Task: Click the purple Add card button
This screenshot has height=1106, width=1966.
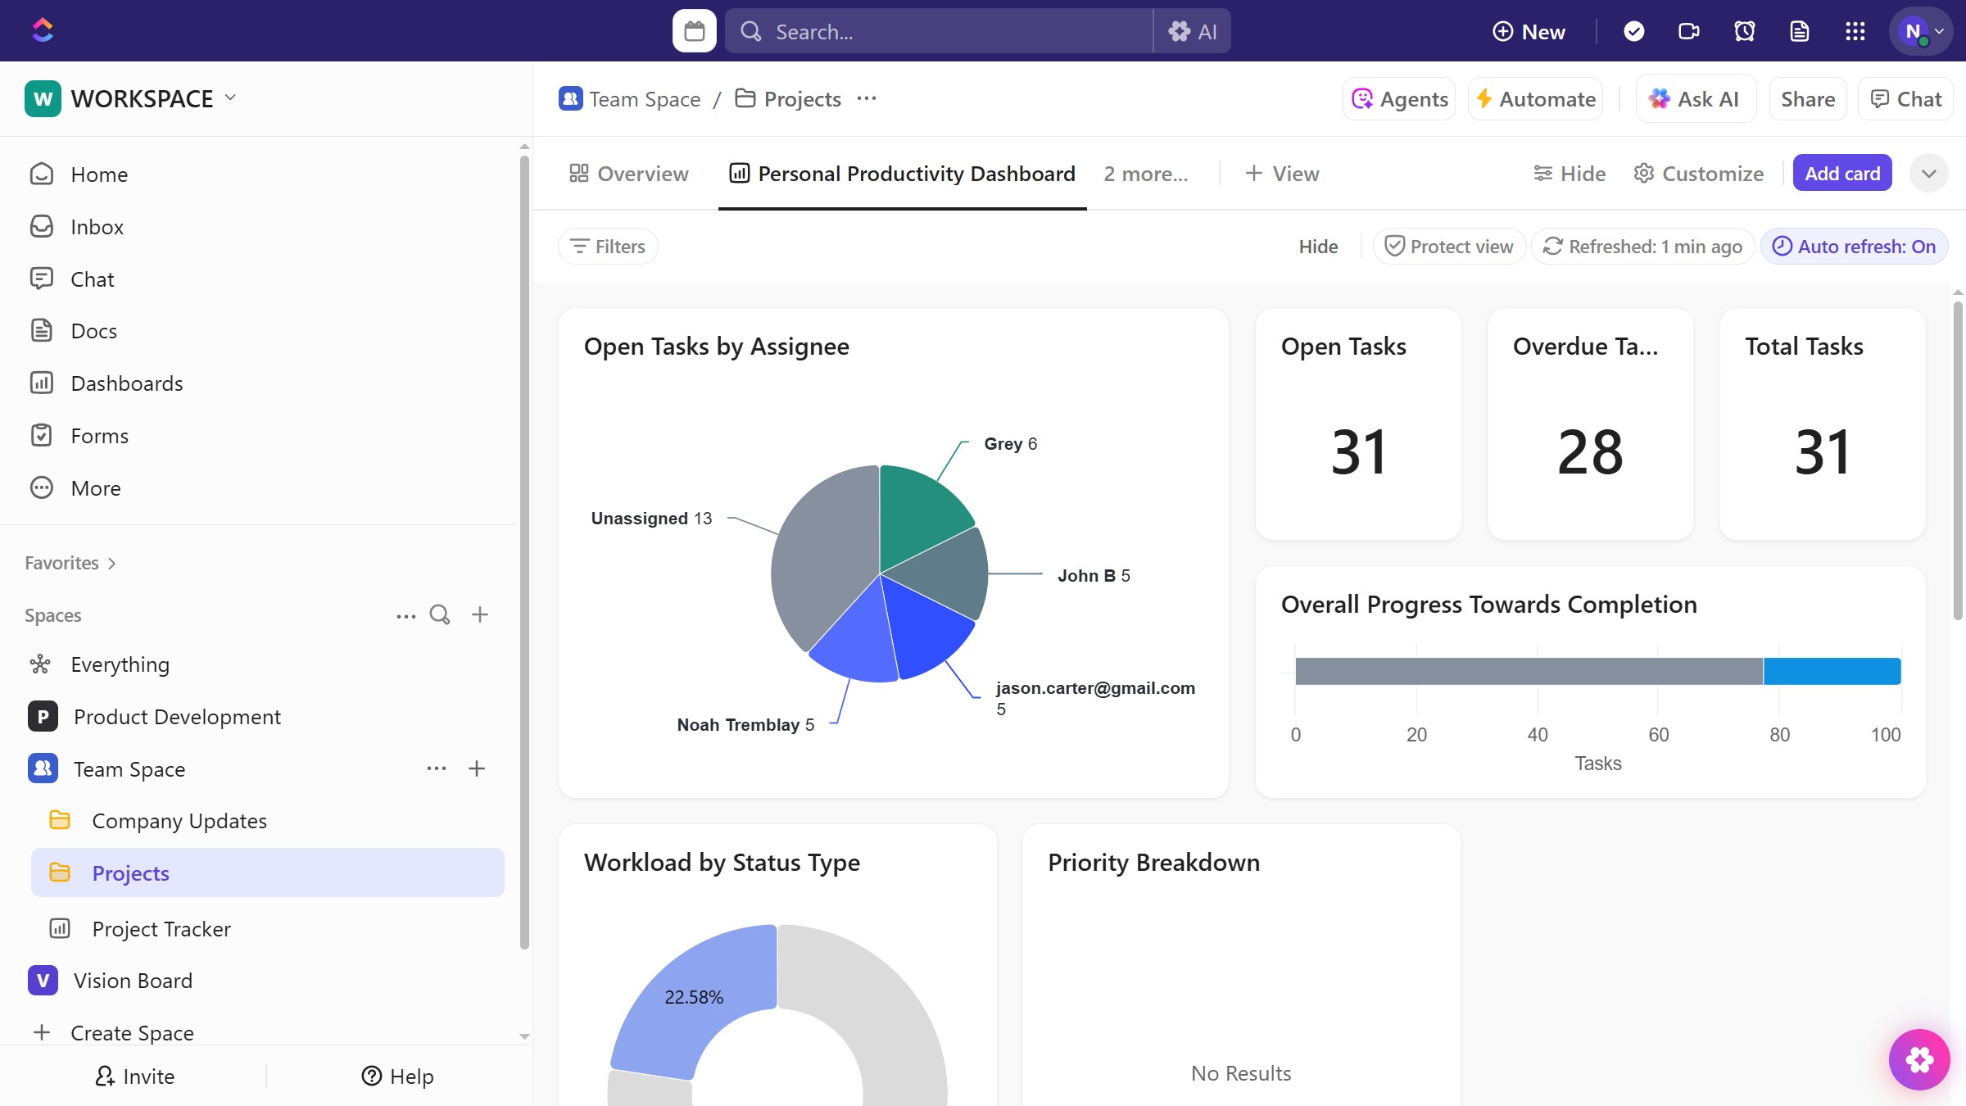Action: coord(1841,174)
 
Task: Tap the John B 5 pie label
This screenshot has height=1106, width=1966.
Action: coord(1093,576)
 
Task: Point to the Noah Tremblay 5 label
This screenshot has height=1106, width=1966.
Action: coord(745,725)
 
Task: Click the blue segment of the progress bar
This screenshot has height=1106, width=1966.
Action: coord(1832,671)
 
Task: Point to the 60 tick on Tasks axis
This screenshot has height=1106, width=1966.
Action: coord(1658,735)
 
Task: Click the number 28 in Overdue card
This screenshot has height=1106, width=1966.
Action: coord(1589,452)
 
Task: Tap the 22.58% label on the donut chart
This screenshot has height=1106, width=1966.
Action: coord(693,997)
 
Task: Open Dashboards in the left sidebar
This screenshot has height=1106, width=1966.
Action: coord(126,383)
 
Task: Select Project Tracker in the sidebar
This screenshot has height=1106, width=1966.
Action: coord(161,929)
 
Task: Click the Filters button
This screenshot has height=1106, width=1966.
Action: coord(608,247)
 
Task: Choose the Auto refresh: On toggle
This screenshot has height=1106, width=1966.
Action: coord(1854,247)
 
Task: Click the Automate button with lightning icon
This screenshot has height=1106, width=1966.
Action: coord(1535,99)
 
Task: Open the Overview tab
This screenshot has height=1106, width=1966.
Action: coord(629,174)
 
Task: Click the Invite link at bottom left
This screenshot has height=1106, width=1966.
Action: coord(135,1077)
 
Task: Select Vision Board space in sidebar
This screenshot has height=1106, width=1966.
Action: coord(132,981)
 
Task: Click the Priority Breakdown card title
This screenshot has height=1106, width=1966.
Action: coord(1153,863)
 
